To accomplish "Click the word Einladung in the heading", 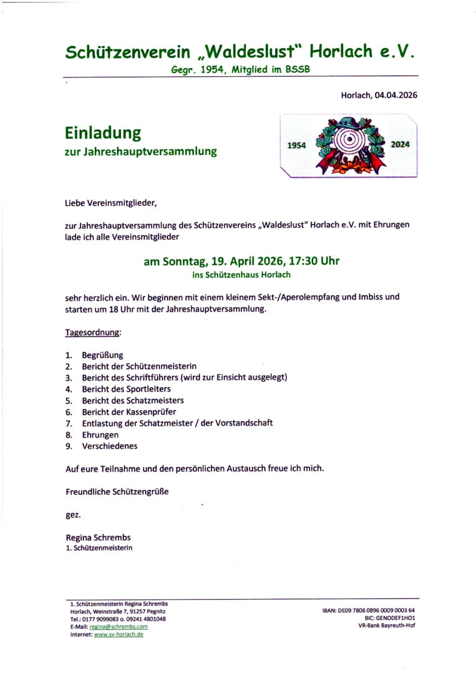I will (103, 133).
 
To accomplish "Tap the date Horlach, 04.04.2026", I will (379, 95).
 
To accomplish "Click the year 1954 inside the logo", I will (296, 145).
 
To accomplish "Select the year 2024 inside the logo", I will (400, 144).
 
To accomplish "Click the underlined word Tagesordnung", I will (93, 333).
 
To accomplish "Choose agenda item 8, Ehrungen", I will (100, 434).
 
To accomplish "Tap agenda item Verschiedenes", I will (109, 446).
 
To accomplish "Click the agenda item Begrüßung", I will (102, 355).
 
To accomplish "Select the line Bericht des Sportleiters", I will (126, 389).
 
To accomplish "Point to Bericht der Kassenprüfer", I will (129, 412).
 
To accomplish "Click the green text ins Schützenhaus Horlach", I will (241, 274).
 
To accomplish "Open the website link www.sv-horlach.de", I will (119, 634).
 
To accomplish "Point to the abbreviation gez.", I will (73, 515).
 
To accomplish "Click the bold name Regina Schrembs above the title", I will (98, 537).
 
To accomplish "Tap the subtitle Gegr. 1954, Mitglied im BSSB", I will (240, 71).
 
